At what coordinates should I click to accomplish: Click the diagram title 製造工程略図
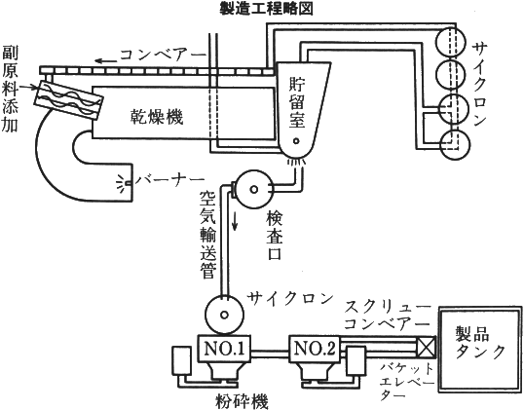pos(266,9)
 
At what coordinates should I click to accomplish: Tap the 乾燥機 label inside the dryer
pos(157,117)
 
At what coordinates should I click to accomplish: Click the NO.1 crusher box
pos(224,349)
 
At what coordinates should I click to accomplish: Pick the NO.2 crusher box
pos(315,349)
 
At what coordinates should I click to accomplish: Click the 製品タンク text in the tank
pos(480,342)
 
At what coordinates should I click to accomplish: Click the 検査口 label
pos(275,236)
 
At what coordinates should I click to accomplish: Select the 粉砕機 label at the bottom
pos(242,401)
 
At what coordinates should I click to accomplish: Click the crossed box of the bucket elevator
pos(427,346)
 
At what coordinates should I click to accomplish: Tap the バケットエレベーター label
pos(407,382)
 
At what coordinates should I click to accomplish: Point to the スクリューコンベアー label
pos(388,316)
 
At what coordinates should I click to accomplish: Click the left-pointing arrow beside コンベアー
pos(106,60)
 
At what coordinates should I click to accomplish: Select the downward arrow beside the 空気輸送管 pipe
pos(235,221)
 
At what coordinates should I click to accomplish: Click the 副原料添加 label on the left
pos(10,90)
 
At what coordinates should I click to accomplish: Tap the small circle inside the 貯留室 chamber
pos(296,141)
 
